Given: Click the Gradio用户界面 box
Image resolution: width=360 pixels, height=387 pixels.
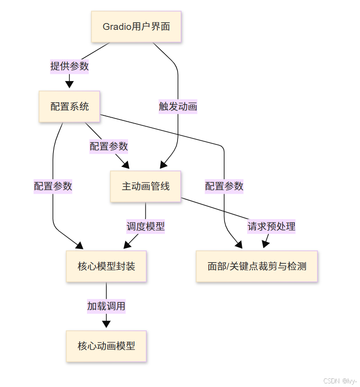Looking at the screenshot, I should click(x=136, y=27).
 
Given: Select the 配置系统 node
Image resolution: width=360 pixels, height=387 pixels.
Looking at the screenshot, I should click(x=69, y=107).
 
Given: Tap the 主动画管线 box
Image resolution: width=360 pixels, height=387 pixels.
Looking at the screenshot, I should click(x=145, y=186).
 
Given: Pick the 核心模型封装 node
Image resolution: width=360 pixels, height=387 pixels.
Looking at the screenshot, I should click(x=106, y=266).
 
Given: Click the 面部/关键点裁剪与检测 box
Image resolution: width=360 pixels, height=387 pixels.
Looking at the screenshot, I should click(x=257, y=266).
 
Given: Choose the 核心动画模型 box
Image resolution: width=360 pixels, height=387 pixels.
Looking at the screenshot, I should click(x=106, y=346).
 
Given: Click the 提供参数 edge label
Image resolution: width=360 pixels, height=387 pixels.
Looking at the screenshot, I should click(x=69, y=67).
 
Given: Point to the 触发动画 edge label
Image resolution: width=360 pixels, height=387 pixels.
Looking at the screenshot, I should click(x=178, y=107).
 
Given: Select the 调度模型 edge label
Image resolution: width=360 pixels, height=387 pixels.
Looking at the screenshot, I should click(x=145, y=226).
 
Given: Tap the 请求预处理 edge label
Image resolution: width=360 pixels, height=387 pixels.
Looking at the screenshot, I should click(x=271, y=226).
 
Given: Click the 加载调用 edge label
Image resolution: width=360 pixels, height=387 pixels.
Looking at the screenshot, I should click(x=106, y=306).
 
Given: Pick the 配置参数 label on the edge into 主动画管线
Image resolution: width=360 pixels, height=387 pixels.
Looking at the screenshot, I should click(x=109, y=147).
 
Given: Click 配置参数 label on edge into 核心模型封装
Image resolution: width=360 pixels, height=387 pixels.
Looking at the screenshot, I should click(x=53, y=186).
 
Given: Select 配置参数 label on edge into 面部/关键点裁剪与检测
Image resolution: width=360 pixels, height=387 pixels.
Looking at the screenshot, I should click(x=224, y=186).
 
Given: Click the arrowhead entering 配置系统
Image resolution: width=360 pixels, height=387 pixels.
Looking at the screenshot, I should click(x=69, y=84).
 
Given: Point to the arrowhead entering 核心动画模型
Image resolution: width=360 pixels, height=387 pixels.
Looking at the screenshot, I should click(x=106, y=324).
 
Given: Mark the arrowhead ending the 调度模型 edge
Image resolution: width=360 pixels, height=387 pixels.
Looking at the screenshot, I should click(x=127, y=245).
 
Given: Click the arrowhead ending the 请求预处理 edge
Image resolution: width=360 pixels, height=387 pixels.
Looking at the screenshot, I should click(x=265, y=244).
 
